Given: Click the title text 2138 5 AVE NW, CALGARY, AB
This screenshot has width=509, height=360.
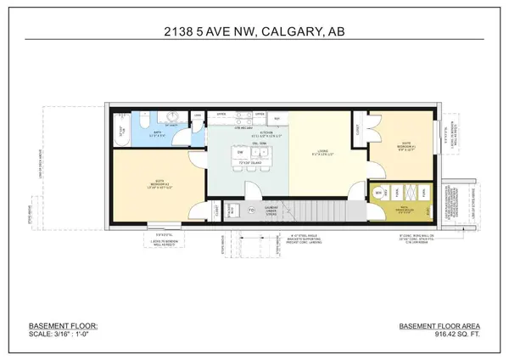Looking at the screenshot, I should (254, 34).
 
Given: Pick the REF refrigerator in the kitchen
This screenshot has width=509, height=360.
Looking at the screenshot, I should (276, 118).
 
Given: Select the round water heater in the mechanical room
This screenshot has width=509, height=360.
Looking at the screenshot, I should (378, 194).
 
